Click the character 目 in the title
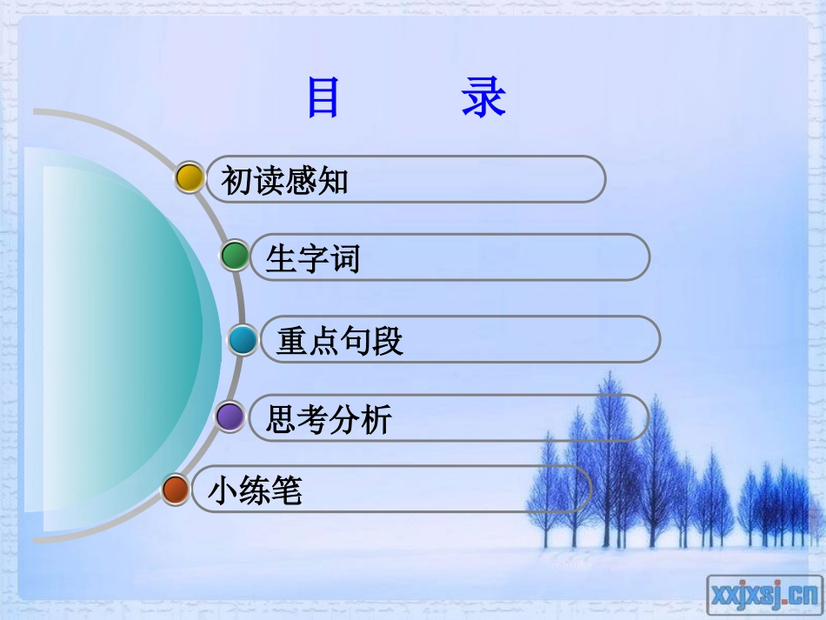click(x=323, y=97)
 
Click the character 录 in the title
click(x=483, y=97)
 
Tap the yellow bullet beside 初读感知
click(x=189, y=177)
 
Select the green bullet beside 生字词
click(x=234, y=256)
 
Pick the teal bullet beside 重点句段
click(x=243, y=339)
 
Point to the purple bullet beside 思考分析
click(x=230, y=417)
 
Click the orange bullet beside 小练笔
click(x=175, y=490)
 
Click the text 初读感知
click(x=284, y=181)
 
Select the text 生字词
click(x=312, y=258)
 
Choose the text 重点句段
click(x=340, y=341)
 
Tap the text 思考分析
click(x=329, y=420)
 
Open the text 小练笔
click(x=255, y=491)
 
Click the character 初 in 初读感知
click(x=236, y=181)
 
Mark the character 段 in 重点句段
click(x=388, y=341)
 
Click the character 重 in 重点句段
click(x=292, y=341)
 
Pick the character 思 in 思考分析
click(x=282, y=420)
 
